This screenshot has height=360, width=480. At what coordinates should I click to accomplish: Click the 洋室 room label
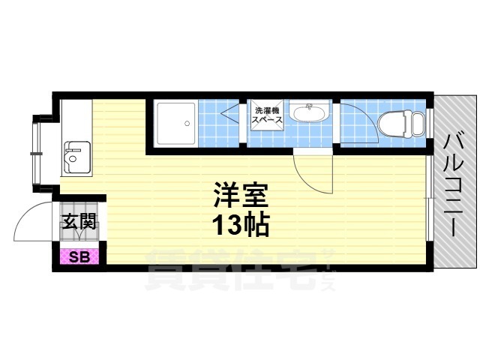pos(241,195)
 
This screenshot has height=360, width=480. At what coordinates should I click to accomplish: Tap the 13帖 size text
pos(241,225)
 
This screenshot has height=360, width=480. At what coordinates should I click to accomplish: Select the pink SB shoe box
pos(79,256)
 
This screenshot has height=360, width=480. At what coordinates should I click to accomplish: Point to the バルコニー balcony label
pos(454,185)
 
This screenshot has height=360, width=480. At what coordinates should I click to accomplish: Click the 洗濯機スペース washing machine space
pos(267,115)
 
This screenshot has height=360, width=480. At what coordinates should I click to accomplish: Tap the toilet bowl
pos(395,124)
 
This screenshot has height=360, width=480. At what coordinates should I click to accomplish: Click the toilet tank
pos(418,124)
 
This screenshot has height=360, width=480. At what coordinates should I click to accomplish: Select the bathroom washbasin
pos(310,112)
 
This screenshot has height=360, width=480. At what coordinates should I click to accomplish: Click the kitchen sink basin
pos(76,157)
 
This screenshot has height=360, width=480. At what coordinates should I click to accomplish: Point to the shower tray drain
pos(187,124)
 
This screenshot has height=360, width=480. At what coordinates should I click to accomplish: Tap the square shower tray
pos(176,123)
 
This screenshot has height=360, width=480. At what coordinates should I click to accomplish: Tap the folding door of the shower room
pos(229,114)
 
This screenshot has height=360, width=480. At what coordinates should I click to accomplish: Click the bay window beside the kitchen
pos(37,153)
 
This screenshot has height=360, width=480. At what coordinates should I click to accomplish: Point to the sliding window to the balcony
pos(430,198)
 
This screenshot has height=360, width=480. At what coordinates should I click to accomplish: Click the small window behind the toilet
pos(430,124)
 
